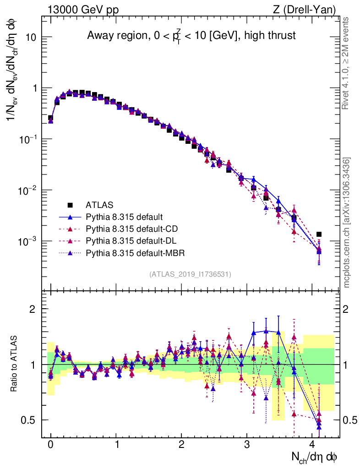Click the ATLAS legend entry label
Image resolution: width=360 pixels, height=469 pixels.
99,204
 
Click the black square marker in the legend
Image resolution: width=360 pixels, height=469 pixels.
70,204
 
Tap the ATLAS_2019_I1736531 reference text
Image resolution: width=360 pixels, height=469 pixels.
190,274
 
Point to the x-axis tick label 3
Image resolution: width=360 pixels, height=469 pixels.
247,445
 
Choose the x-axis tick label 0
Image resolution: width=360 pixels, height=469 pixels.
51,445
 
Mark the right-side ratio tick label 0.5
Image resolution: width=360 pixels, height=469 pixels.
350,420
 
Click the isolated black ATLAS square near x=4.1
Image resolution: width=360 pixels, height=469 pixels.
319,234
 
